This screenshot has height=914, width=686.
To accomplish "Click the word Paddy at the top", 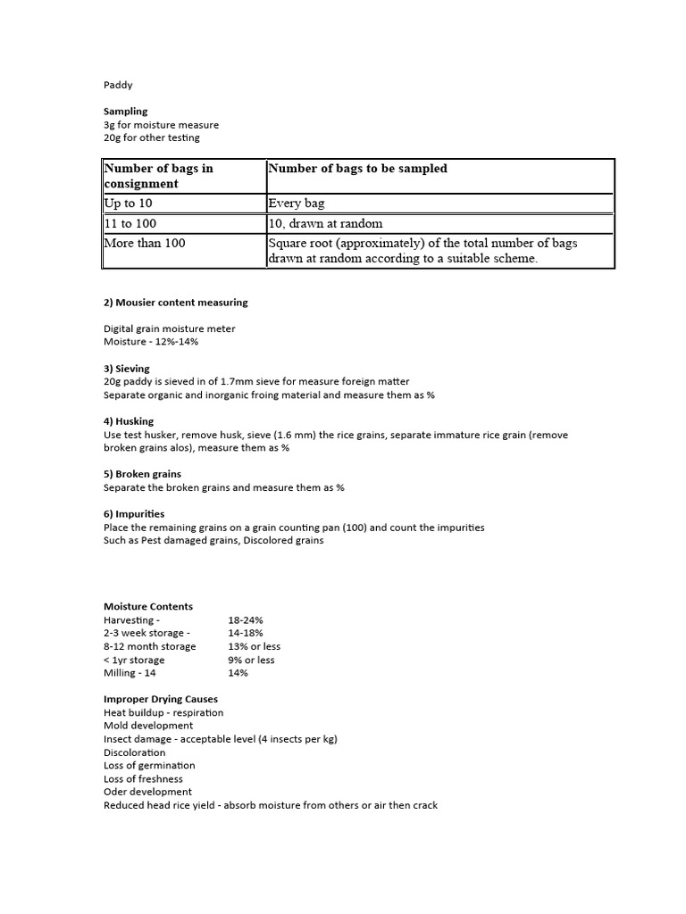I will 117,86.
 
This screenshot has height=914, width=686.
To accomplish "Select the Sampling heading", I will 125,112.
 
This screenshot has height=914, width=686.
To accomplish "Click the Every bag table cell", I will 296,204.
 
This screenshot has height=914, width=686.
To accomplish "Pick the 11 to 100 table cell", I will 135,223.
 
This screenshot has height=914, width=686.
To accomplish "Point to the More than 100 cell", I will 145,243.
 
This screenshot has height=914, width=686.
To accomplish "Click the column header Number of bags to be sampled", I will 357,168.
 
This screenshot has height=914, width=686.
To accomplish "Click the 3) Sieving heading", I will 126,368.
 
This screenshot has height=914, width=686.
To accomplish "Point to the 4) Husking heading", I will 128,421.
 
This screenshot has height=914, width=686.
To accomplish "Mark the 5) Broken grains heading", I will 142,474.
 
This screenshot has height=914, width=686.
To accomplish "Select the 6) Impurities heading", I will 134,514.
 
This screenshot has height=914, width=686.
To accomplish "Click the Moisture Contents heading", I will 147,606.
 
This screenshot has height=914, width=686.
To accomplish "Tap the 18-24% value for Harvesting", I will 246,619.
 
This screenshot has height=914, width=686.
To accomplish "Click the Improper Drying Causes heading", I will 160,699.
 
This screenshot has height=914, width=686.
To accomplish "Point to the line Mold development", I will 147,726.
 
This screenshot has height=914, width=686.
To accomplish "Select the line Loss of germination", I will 149,765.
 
